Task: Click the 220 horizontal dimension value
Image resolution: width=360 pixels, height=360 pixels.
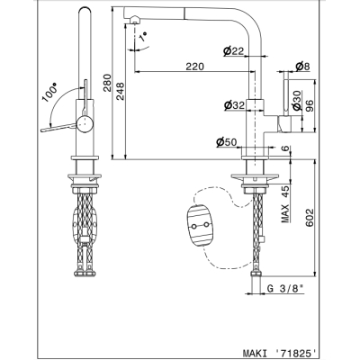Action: point(194,67)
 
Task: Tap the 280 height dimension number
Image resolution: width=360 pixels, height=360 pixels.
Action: point(107,83)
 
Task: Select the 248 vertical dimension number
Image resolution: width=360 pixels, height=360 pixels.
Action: point(120,92)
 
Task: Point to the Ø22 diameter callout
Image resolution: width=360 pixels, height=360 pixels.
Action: point(233,51)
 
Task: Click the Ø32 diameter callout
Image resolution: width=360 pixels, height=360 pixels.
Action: point(234,105)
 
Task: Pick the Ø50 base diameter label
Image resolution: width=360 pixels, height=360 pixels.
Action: point(227,142)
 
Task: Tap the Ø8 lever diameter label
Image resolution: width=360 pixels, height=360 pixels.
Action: point(302,67)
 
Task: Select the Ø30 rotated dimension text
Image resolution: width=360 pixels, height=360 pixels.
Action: point(297,101)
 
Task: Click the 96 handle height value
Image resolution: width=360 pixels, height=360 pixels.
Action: point(310,106)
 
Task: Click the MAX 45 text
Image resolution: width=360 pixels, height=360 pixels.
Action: point(285,204)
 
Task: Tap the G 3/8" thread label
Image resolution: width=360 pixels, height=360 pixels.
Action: point(285,289)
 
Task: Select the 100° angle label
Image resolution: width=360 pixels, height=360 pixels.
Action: point(49,94)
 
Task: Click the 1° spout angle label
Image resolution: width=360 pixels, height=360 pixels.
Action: point(144,37)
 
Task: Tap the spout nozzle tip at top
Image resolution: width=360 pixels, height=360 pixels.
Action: point(135,21)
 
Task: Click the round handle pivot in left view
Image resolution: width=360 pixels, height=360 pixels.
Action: point(85,124)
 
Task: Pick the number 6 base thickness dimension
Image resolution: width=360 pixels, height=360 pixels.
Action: point(286,148)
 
